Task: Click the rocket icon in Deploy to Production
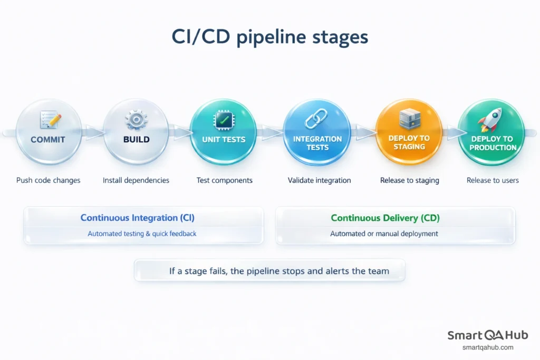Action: tap(490, 121)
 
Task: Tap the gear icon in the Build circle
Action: tap(136, 120)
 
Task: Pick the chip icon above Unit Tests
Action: tap(223, 120)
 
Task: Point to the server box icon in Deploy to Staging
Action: tap(409, 119)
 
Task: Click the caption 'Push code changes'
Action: tap(49, 180)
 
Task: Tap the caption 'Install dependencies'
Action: tap(136, 180)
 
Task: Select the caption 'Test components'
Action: tap(224, 180)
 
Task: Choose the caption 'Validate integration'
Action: tap(319, 180)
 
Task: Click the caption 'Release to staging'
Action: tap(410, 180)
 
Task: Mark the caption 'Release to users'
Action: tap(493, 180)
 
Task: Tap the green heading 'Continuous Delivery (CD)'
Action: tap(385, 218)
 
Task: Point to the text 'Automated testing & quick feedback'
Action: tap(142, 233)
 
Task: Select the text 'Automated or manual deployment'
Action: tap(384, 233)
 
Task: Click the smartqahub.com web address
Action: tap(487, 347)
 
